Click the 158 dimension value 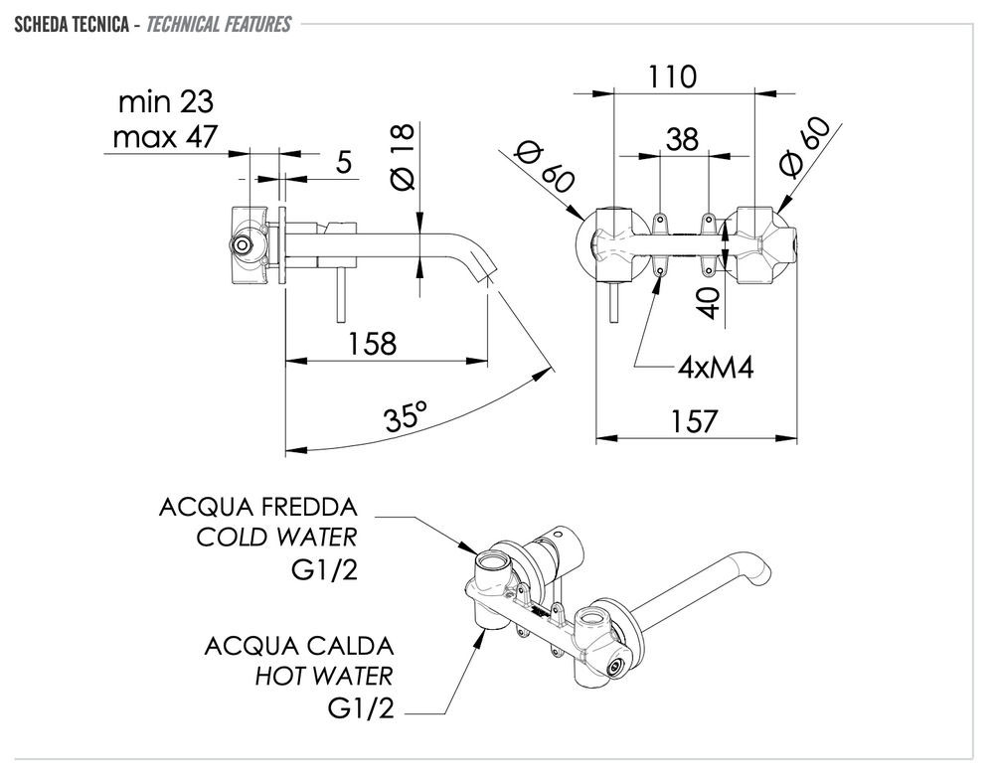click(x=372, y=344)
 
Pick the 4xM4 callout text click(x=716, y=368)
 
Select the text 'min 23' click(x=166, y=101)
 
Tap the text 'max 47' click(x=165, y=136)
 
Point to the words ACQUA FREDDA click(x=257, y=507)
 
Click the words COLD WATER click(x=276, y=538)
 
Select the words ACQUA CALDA click(x=299, y=646)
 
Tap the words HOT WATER click(x=324, y=677)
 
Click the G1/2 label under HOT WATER click(x=360, y=709)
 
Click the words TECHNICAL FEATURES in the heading click(x=219, y=24)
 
